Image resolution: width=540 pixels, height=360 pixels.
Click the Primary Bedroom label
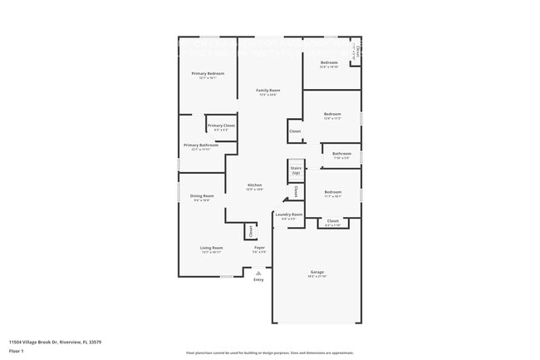click(208, 74)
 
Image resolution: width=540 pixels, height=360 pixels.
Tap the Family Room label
click(268, 90)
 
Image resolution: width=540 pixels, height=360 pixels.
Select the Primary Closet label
click(221, 126)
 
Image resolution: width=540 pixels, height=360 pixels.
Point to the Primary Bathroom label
click(201, 145)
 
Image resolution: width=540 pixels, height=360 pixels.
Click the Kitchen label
click(254, 185)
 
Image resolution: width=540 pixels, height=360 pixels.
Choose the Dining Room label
click(202, 196)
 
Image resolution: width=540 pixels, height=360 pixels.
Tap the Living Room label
click(211, 248)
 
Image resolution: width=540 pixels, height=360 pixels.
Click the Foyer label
click(260, 248)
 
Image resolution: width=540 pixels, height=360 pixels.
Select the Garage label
click(317, 273)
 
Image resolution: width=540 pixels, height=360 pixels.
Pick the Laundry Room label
click(289, 215)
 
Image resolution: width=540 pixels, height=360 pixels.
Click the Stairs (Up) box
click(296, 170)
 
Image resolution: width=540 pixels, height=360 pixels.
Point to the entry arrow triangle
click(258, 273)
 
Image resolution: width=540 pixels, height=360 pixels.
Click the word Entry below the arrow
click(258, 280)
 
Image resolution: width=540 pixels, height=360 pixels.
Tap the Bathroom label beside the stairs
click(341, 154)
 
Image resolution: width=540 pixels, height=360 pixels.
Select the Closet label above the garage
click(332, 221)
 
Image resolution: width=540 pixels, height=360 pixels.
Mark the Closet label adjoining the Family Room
click(295, 131)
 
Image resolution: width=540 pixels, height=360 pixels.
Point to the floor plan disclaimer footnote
click(269, 353)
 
